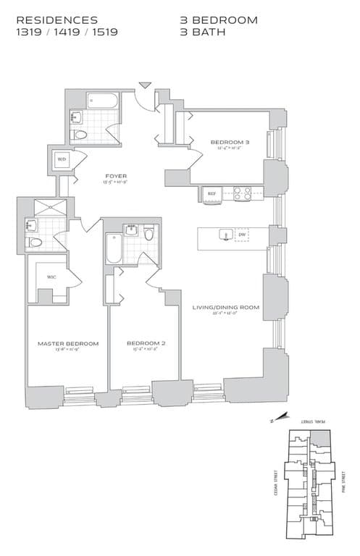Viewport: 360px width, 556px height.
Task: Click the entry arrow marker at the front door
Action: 145,85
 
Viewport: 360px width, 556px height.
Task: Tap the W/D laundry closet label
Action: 62,159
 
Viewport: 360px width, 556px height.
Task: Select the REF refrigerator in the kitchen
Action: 212,194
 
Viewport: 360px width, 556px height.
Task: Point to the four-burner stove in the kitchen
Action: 242,193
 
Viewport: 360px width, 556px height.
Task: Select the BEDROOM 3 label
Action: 230,142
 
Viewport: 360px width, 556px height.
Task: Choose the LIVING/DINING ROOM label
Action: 225,308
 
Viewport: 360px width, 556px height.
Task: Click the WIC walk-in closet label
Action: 51,276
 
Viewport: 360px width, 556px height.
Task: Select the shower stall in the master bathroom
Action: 49,206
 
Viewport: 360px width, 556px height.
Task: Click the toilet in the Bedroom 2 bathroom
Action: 149,234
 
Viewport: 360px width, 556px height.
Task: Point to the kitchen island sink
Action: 225,235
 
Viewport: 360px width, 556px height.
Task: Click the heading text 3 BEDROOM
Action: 218,20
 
